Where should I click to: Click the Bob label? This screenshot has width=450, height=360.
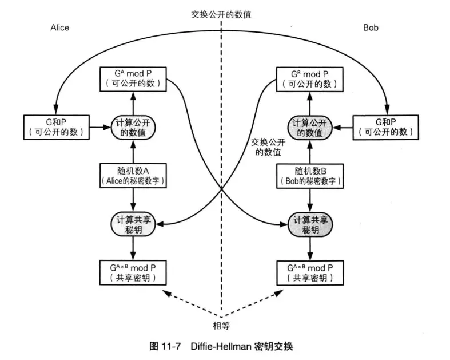click(371, 27)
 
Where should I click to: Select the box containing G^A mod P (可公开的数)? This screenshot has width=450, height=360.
click(133, 79)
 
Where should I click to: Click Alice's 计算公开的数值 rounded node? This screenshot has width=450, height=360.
click(133, 127)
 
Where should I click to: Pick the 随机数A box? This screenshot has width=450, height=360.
click(133, 175)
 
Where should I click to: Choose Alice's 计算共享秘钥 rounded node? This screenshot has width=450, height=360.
click(133, 224)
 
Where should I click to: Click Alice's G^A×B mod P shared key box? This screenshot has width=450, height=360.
click(133, 272)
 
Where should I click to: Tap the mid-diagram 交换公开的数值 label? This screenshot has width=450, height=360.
click(268, 147)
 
